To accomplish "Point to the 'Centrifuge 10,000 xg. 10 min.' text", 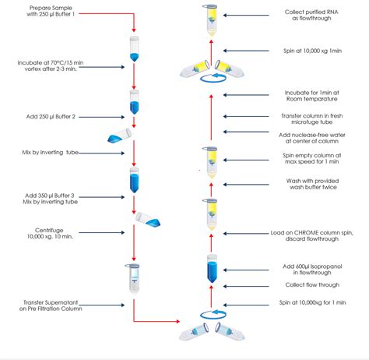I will point(48,235).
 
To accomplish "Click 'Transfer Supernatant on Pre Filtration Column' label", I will point(48,304).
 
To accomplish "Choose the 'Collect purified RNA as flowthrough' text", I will point(315,17).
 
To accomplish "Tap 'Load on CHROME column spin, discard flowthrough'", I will point(314,235).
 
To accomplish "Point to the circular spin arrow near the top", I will point(209,77).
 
